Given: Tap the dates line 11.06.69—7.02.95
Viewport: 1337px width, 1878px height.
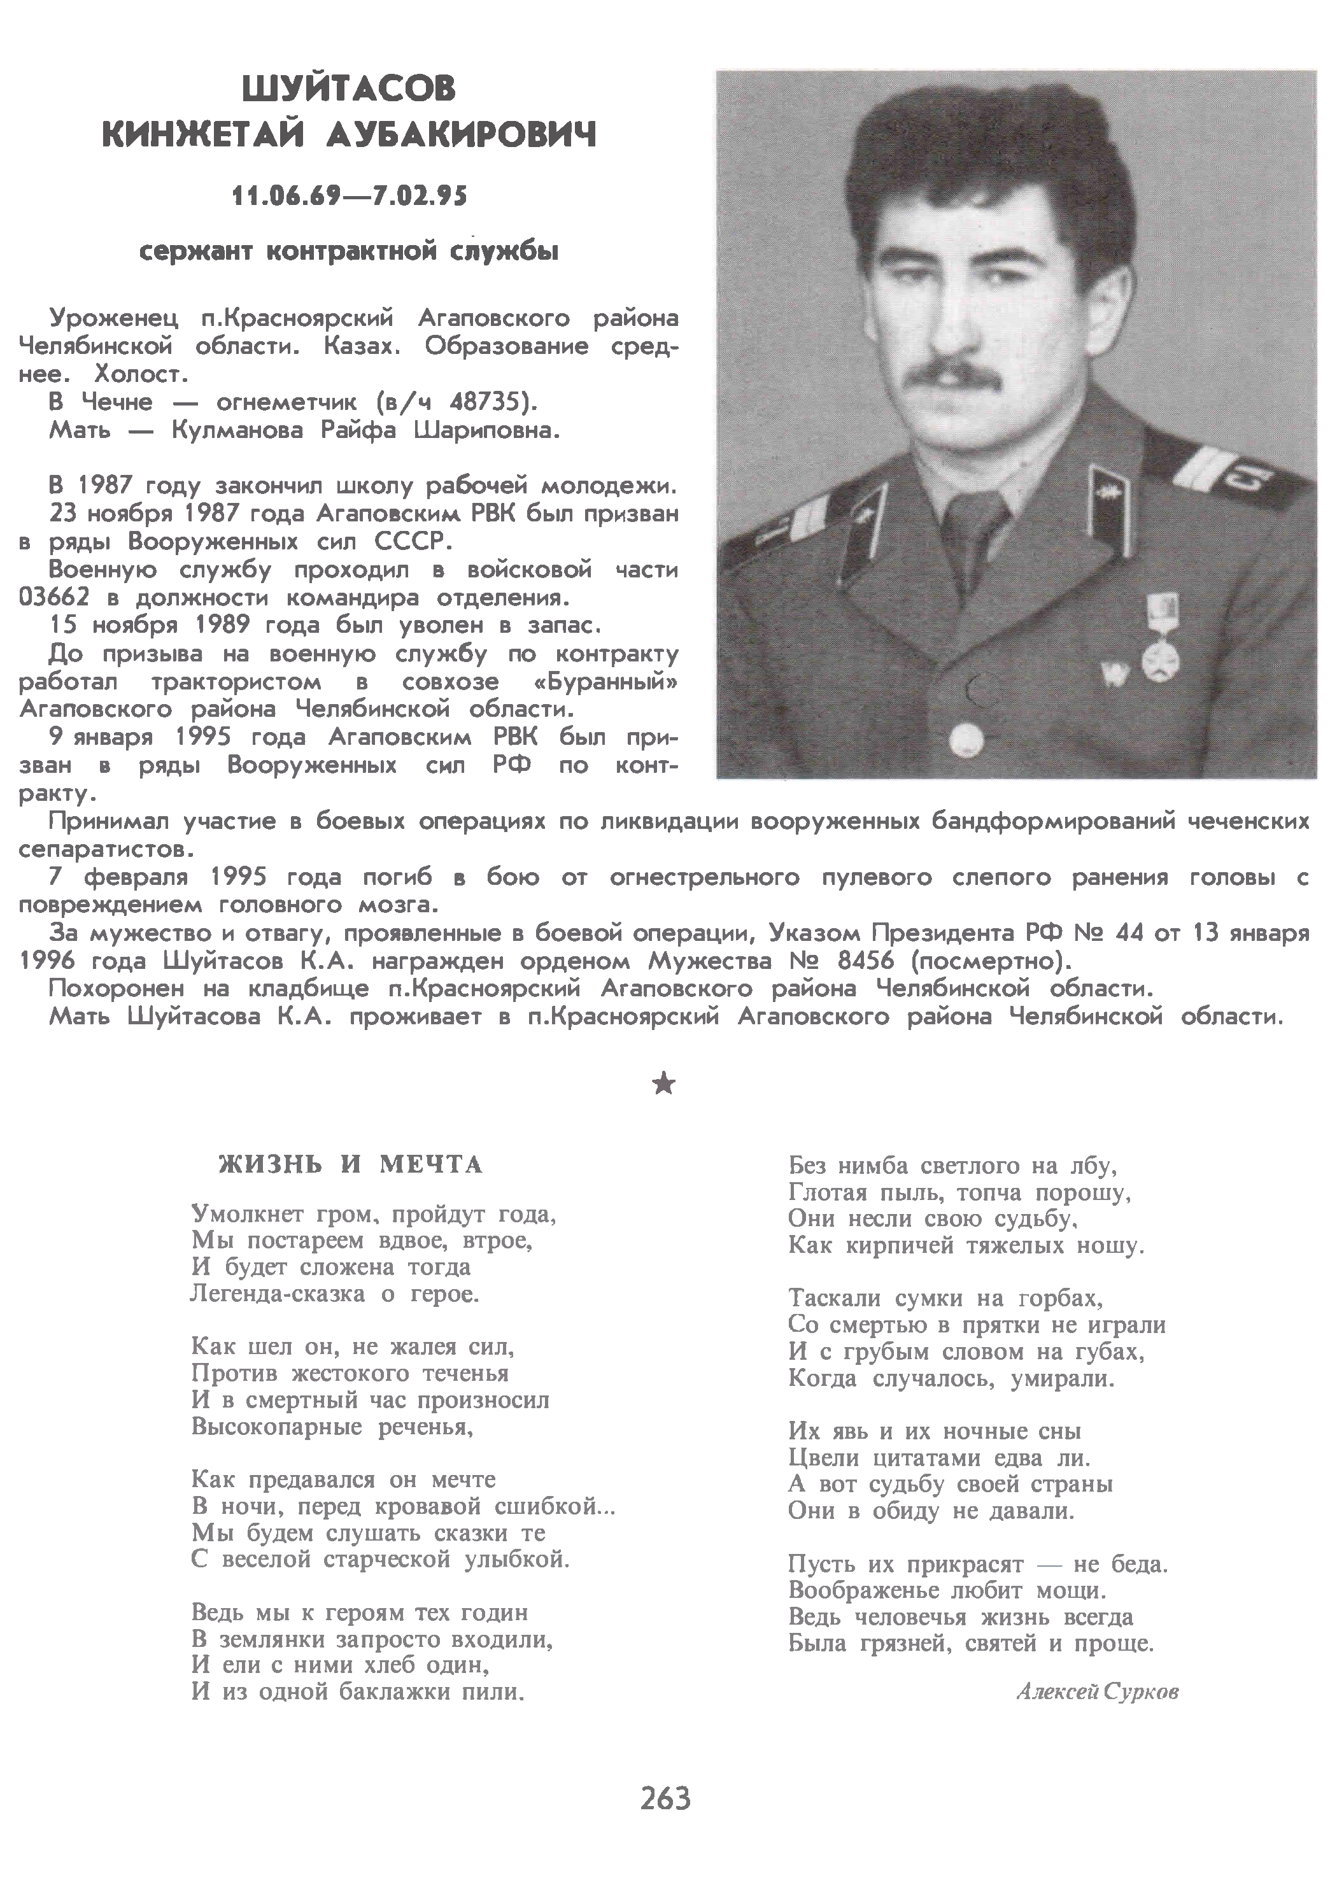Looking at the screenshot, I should [349, 196].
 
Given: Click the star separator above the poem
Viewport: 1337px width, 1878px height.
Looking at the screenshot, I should [663, 1085].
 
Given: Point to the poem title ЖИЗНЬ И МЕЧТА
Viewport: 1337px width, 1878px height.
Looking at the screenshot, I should [350, 1164].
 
